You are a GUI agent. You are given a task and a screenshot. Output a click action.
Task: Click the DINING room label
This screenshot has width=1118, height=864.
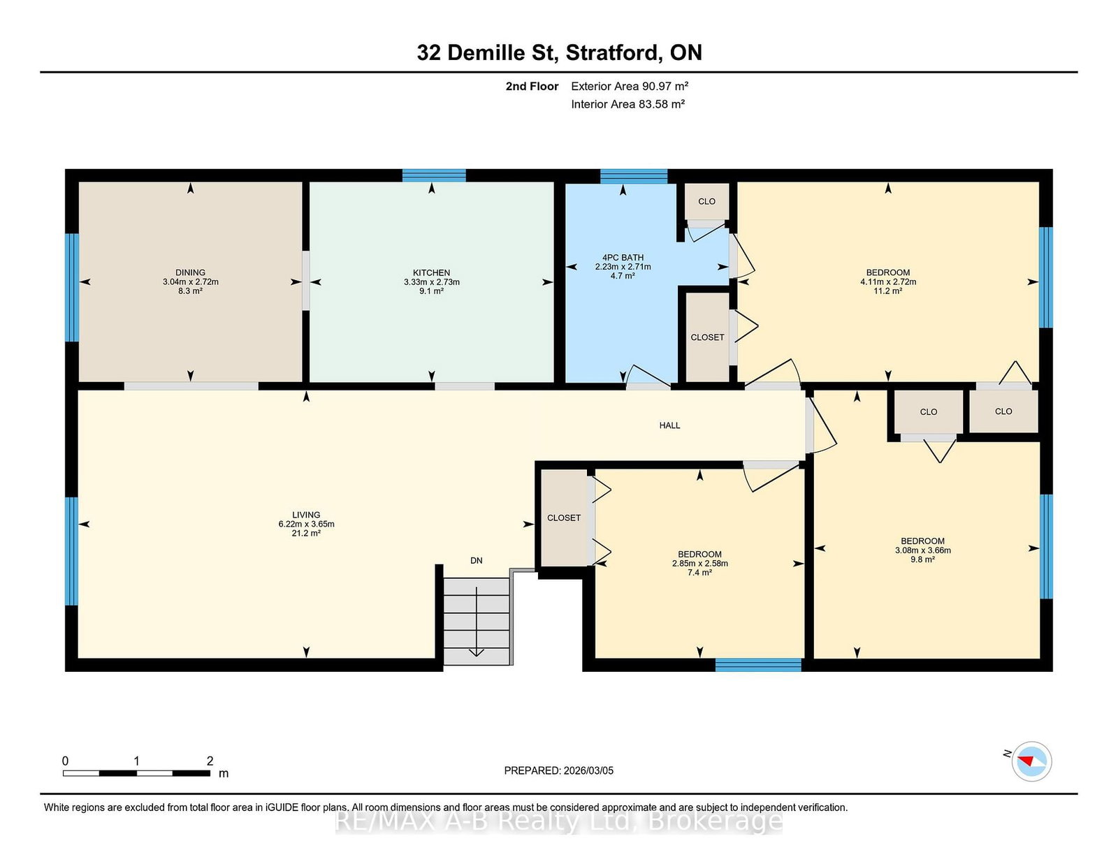(x=190, y=272)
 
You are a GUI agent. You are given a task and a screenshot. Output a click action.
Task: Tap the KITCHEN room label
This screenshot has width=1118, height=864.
(x=431, y=272)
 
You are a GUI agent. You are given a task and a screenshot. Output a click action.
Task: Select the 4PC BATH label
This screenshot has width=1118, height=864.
(x=623, y=257)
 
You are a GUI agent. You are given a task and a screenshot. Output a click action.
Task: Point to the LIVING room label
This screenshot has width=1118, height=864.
(x=306, y=515)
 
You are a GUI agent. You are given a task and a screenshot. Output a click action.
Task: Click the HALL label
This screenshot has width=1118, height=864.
(x=669, y=425)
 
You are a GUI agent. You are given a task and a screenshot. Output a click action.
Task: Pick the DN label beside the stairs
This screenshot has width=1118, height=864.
(x=476, y=561)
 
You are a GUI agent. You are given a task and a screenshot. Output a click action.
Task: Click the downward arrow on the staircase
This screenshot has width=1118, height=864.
(x=477, y=622)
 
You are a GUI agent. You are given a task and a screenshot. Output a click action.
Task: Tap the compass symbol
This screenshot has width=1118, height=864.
(x=1031, y=761)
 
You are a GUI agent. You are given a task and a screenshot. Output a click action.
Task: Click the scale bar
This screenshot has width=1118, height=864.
(x=136, y=773)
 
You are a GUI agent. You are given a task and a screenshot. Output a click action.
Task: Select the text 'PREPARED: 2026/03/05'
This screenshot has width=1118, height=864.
(x=559, y=770)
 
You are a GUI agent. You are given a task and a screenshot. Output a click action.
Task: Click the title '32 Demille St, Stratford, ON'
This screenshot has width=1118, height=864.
(x=559, y=52)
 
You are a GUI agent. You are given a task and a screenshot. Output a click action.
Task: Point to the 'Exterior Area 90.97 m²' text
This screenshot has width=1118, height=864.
(x=630, y=87)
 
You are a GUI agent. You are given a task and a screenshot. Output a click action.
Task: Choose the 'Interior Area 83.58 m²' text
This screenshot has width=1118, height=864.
(x=627, y=104)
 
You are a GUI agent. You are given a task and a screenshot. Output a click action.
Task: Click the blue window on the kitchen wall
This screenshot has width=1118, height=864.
(x=434, y=175)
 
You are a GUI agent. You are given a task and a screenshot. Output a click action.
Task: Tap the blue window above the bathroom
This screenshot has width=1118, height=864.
(x=634, y=176)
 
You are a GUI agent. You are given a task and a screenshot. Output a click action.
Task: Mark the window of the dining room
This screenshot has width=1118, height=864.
(x=71, y=288)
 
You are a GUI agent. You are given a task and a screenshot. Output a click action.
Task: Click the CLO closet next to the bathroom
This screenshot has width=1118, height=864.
(x=706, y=202)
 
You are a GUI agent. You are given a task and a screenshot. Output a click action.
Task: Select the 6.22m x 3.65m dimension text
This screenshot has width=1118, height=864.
(x=306, y=524)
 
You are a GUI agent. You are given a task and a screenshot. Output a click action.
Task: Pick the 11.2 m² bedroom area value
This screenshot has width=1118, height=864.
(x=888, y=291)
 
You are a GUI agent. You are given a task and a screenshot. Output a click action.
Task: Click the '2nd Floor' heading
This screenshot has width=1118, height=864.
(x=532, y=87)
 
